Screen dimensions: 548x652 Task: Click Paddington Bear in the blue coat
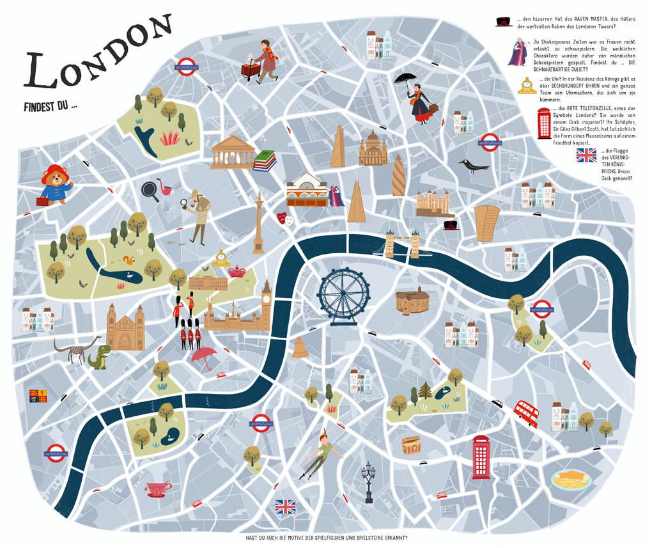(x=56, y=184)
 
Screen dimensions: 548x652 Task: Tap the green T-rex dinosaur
(x=99, y=357)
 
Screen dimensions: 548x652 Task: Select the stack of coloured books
(x=265, y=160)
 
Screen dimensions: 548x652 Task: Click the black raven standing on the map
(x=472, y=167)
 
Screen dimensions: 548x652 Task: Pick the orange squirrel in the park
(x=128, y=260)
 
